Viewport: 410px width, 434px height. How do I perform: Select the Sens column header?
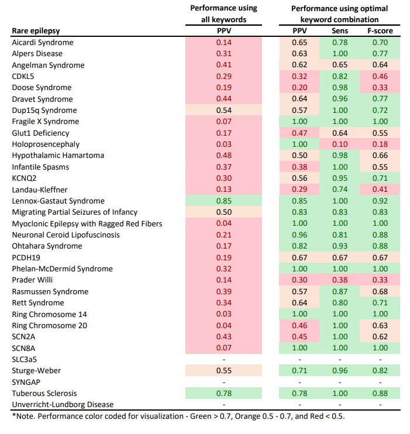pyautogui.click(x=339, y=30)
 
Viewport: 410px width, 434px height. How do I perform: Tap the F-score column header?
pyautogui.click(x=380, y=30)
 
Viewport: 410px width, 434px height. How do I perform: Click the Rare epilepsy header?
pyautogui.click(x=36, y=30)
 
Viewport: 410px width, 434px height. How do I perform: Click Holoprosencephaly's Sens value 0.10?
pyautogui.click(x=339, y=144)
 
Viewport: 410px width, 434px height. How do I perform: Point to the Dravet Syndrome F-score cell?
pyautogui.click(x=380, y=99)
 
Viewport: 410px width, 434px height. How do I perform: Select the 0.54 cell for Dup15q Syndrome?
pyautogui.click(x=223, y=111)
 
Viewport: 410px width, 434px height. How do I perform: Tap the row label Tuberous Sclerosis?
pyautogui.click(x=44, y=394)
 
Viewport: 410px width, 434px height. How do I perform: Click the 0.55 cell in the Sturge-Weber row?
pyautogui.click(x=223, y=371)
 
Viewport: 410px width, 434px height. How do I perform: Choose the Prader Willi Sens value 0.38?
pyautogui.click(x=339, y=280)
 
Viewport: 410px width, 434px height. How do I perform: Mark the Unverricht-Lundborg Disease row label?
pyautogui.click(x=63, y=405)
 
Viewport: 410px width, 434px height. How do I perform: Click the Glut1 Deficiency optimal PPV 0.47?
pyautogui.click(x=299, y=133)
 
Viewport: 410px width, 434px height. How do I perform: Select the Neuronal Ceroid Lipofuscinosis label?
pyautogui.click(x=66, y=235)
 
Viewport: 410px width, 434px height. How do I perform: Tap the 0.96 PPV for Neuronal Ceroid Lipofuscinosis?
pyautogui.click(x=299, y=235)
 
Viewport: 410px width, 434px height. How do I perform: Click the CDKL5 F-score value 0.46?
pyautogui.click(x=380, y=77)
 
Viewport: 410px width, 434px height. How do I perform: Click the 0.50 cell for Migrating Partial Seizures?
pyautogui.click(x=223, y=212)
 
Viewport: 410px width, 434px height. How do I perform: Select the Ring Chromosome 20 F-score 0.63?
pyautogui.click(x=380, y=326)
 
